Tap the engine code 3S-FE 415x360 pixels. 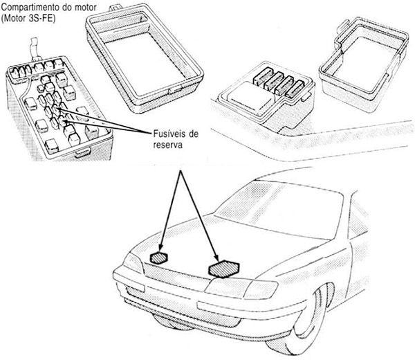click(x=44, y=17)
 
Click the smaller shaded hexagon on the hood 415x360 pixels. click(x=160, y=258)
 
